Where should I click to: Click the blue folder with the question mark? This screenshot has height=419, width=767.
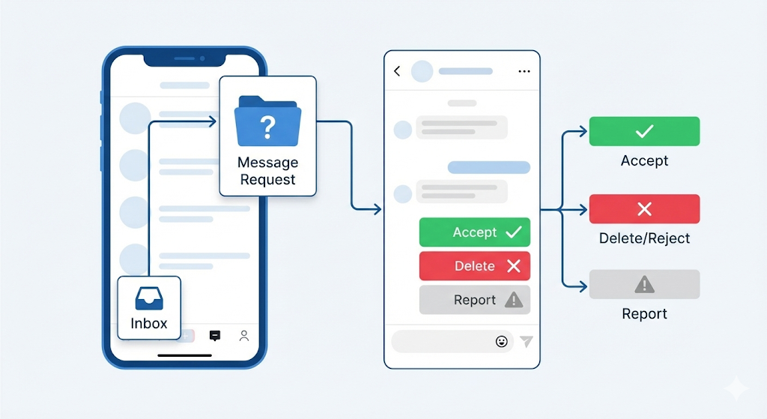point(267,121)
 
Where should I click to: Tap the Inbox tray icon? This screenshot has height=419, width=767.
point(149,299)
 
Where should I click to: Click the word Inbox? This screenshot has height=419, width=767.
point(149,324)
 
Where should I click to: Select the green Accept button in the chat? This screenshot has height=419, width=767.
point(474,232)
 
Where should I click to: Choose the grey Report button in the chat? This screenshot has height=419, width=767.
point(474,300)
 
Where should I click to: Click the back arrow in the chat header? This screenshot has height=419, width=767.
point(397,71)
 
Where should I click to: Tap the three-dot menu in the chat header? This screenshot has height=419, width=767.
point(524,71)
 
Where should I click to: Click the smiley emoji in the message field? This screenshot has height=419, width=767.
point(502,341)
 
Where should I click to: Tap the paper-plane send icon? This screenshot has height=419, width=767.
point(527,341)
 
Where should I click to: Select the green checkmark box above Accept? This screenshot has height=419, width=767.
point(644,131)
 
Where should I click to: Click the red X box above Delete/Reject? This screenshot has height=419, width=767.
point(644,209)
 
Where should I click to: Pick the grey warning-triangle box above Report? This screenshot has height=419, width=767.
point(644,285)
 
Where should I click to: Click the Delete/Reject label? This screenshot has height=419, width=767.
point(644,238)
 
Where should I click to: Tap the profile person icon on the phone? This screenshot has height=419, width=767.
point(243,336)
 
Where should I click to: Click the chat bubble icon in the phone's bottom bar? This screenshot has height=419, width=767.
point(215,336)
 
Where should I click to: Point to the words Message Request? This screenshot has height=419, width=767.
point(267,171)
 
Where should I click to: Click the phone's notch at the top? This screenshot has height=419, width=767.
point(184,58)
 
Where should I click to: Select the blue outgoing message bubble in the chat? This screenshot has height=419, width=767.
point(488,167)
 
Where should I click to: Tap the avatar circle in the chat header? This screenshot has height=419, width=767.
point(422,71)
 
